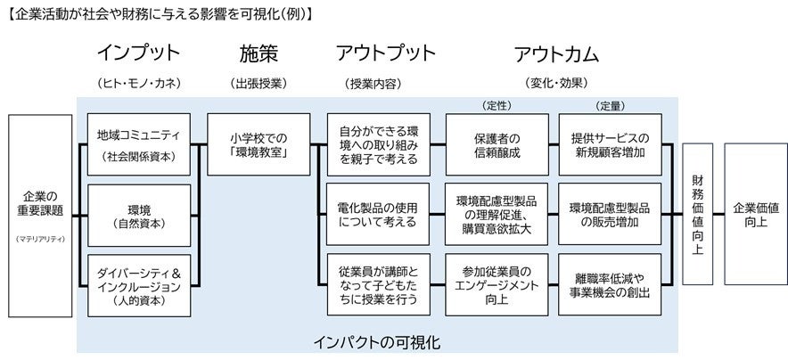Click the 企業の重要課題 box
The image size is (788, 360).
[40, 215]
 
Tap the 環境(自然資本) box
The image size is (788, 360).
[139, 215]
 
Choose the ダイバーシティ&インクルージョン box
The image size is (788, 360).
[139, 286]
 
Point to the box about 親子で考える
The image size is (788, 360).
[378, 143]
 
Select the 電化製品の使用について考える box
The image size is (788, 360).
[378, 215]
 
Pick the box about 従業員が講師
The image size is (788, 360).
[378, 286]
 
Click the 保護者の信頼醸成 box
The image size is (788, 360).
[496, 143]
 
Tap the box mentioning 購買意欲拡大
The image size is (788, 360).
[496, 215]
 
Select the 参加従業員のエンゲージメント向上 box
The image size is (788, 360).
[496, 286]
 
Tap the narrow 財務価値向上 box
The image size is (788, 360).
[698, 215]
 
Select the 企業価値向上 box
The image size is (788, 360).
[755, 215]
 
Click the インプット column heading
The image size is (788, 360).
[138, 54]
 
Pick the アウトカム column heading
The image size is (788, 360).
[555, 54]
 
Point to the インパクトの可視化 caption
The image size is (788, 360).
[377, 341]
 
